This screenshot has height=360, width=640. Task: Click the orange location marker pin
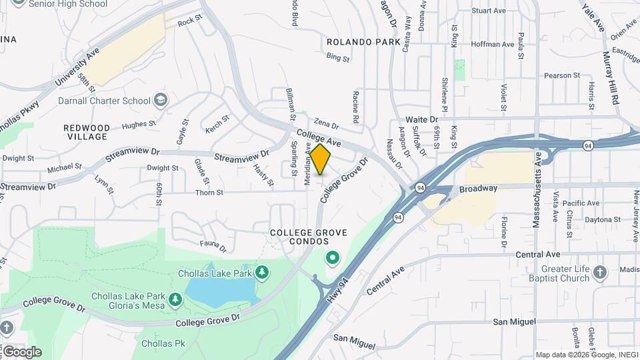(321, 159)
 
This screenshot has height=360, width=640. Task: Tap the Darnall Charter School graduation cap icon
(160, 101)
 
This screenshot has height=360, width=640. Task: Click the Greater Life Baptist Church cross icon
(600, 272)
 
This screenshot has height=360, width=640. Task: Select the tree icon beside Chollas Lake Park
(263, 273)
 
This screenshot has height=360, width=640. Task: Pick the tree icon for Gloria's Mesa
(175, 299)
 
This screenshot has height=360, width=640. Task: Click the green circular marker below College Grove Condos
(331, 257)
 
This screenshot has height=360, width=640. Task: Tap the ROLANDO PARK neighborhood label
(354, 42)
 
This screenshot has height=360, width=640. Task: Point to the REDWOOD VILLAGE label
(87, 132)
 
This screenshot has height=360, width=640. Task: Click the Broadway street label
(478, 189)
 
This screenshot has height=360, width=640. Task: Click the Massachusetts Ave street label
(537, 191)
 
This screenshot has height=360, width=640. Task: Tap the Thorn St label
(209, 193)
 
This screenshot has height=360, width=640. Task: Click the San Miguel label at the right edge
(514, 322)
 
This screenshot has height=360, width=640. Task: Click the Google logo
(22, 351)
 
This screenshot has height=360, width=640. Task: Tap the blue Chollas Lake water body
(220, 290)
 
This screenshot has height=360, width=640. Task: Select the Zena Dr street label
(326, 124)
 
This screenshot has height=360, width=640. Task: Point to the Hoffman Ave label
(492, 45)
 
